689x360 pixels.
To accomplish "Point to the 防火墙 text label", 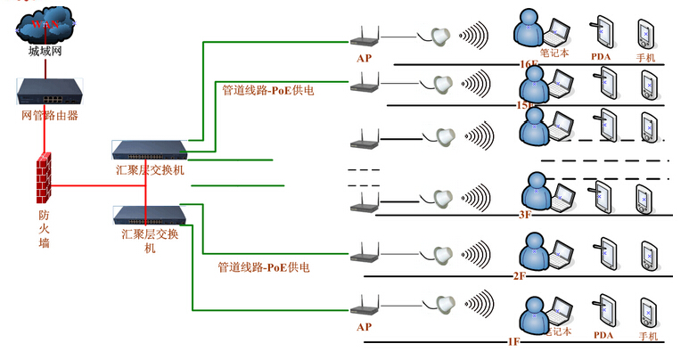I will pyautogui.click(x=44, y=228).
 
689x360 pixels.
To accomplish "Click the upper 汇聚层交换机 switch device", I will pyautogui.click(x=150, y=149).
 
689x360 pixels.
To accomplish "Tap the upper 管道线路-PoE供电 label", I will pyautogui.click(x=268, y=90).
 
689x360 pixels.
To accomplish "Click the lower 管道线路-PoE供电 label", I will pyautogui.click(x=264, y=266).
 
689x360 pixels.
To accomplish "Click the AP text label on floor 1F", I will pyautogui.click(x=363, y=327).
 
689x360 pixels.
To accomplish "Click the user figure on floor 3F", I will pyautogui.click(x=533, y=189).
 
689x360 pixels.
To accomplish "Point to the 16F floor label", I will pyautogui.click(x=529, y=65).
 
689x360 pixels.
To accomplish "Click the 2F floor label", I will pyautogui.click(x=521, y=276).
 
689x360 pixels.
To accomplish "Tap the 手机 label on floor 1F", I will pyautogui.click(x=648, y=336).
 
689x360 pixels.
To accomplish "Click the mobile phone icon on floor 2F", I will pyautogui.click(x=646, y=253).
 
